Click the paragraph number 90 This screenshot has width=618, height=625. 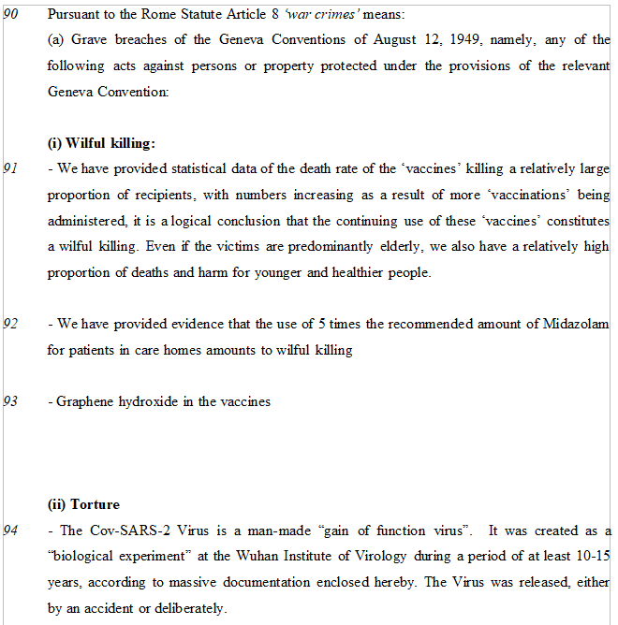coord(11,15)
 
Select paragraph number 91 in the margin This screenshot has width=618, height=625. coord(11,169)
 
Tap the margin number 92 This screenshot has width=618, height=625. coord(11,324)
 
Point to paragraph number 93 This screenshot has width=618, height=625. coord(11,401)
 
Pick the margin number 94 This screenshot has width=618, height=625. coord(11,531)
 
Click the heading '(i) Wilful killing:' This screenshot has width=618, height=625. coord(101,143)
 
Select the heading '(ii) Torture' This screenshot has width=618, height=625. coord(83,504)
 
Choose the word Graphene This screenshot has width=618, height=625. coord(85,401)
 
